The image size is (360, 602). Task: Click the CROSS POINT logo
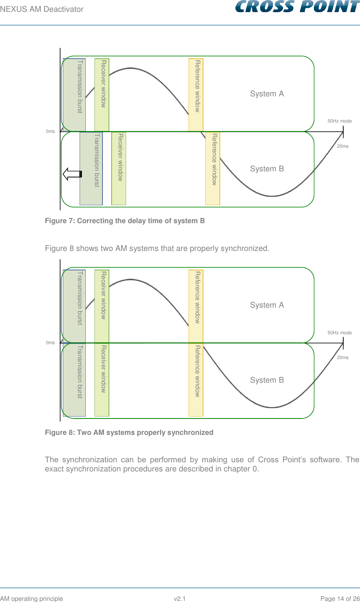[297, 7]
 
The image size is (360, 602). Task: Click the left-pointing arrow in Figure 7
[72, 174]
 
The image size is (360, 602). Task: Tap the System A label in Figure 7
[267, 94]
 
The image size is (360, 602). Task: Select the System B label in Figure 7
[267, 169]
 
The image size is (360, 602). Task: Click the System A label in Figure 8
[267, 305]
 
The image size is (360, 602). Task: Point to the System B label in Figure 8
[267, 380]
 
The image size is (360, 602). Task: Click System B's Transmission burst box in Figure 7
[91, 168]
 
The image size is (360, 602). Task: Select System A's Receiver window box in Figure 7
[102, 95]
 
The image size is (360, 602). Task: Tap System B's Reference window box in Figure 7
[213, 168]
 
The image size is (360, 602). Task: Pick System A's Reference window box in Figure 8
[196, 306]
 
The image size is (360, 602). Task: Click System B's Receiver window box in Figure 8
[102, 380]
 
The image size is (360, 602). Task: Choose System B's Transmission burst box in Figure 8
[74, 380]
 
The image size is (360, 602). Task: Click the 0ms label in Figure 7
[50, 131]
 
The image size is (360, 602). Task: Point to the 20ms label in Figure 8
[343, 358]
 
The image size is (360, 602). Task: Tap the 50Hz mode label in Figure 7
[339, 121]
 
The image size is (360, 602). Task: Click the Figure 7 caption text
[125, 221]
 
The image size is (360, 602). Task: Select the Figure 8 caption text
[129, 433]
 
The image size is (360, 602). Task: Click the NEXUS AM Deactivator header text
[42, 9]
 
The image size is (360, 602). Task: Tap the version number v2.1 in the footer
[179, 599]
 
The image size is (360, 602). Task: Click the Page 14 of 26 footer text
[340, 599]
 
